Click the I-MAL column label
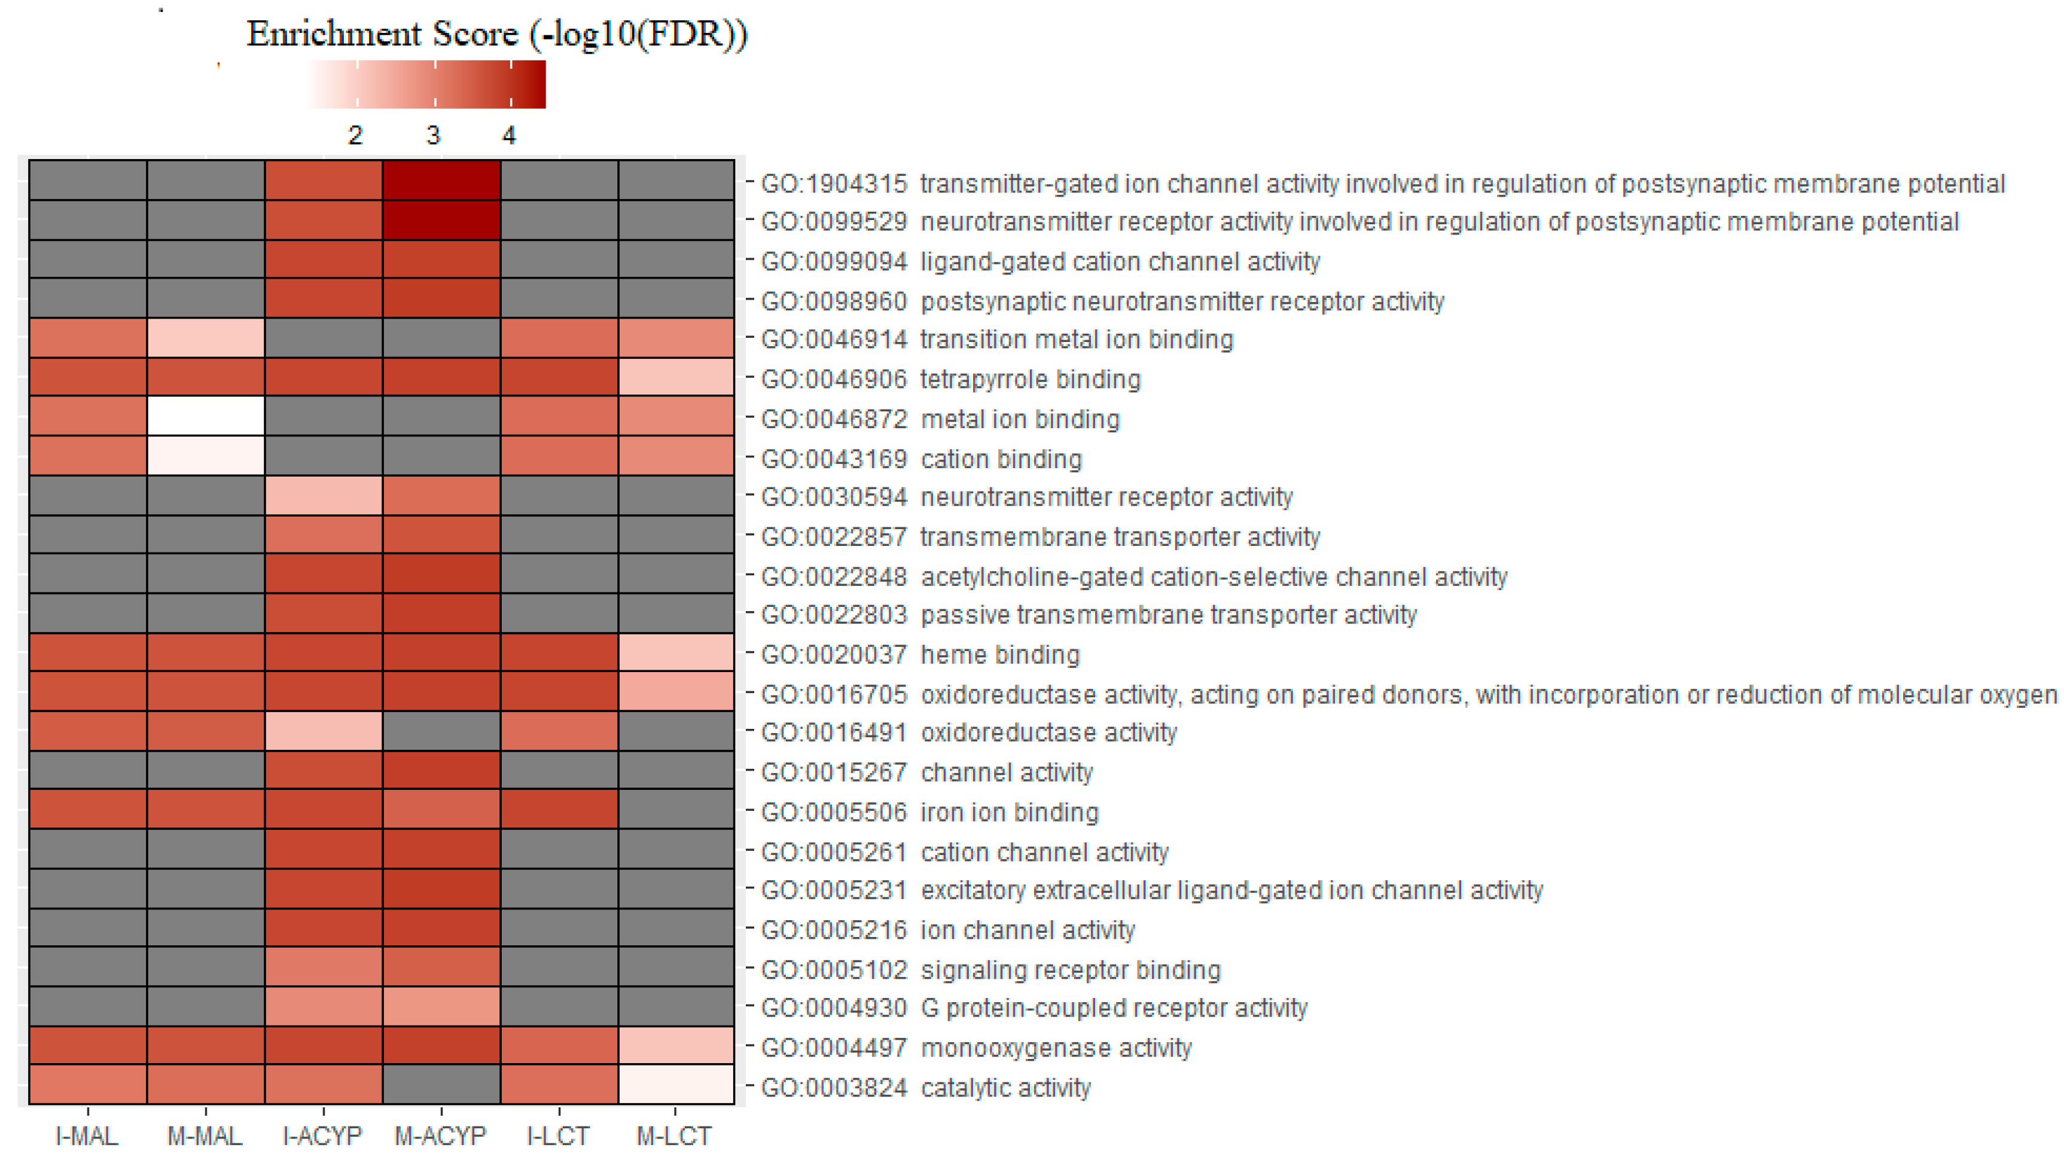tap(87, 1135)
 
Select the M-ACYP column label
tap(441, 1135)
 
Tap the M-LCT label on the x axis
tap(674, 1135)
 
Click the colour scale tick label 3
tap(434, 135)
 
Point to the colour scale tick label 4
tap(509, 135)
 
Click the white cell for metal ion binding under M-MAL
tap(206, 416)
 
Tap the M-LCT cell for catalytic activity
tap(676, 1084)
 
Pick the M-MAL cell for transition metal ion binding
tap(206, 337)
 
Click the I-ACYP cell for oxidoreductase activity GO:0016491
tap(324, 731)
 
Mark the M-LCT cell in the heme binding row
tap(676, 652)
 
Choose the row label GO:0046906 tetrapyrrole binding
tap(950, 379)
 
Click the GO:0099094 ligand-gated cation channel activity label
tap(1040, 262)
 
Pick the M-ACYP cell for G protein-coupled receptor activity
tap(441, 1006)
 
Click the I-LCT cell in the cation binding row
tap(559, 455)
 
